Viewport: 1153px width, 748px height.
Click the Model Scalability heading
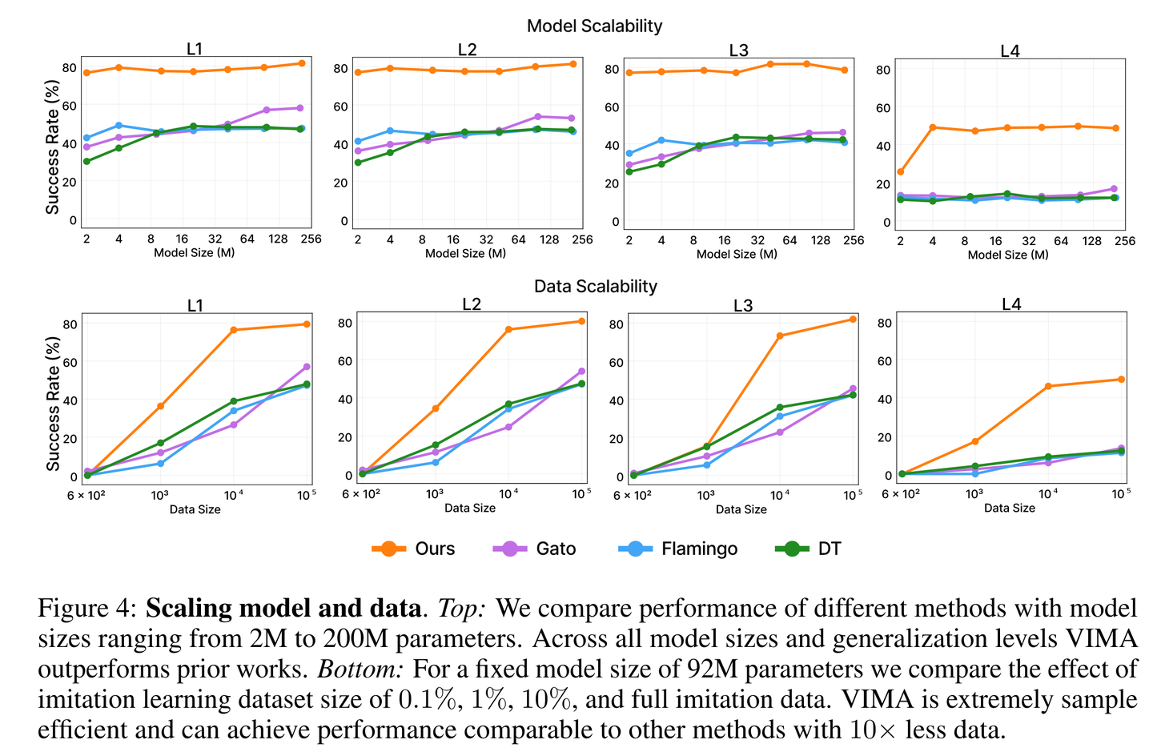(x=594, y=26)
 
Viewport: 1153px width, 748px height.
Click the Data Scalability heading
(x=595, y=287)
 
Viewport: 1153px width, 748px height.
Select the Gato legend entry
(x=535, y=549)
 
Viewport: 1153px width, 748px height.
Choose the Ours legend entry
(x=413, y=549)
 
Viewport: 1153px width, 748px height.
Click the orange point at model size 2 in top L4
(x=901, y=171)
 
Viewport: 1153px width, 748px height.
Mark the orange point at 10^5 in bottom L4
(x=1121, y=379)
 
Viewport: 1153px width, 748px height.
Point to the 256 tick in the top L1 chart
(x=311, y=239)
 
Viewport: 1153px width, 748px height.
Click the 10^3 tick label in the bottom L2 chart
(x=435, y=494)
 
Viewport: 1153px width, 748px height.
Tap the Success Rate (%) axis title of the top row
(x=53, y=147)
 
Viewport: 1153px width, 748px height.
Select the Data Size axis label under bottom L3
(x=741, y=509)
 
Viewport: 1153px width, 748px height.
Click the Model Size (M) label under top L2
(x=465, y=254)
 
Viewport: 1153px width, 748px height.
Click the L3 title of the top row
(x=738, y=50)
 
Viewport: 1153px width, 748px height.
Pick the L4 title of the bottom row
(x=1011, y=304)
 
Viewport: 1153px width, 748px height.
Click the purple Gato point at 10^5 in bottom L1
(x=307, y=367)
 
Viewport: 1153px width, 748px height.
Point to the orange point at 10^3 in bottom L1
(x=160, y=406)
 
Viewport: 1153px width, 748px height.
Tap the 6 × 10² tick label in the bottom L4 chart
(x=901, y=494)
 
